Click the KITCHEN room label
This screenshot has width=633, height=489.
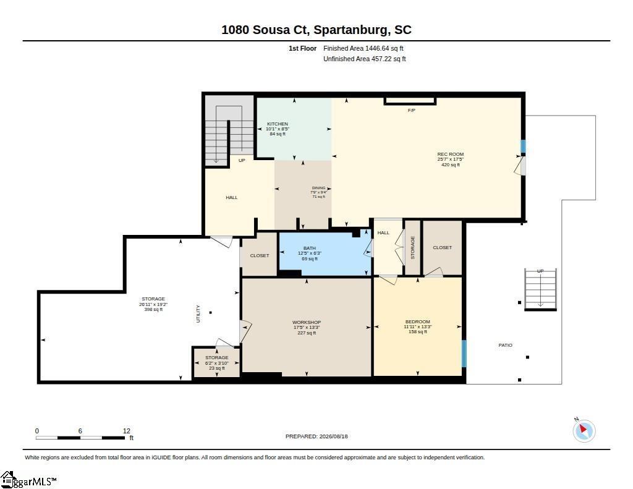point(278,124)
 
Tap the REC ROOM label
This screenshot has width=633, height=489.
point(451,154)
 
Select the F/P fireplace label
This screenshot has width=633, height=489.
point(411,110)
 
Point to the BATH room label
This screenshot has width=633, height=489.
point(310,248)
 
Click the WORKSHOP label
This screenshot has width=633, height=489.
point(307,322)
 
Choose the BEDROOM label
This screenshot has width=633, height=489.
point(418,322)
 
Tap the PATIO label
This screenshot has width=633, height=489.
point(506,345)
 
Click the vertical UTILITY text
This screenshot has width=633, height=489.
point(198,314)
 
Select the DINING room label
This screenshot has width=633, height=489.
point(318,188)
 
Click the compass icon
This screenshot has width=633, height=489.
point(584,431)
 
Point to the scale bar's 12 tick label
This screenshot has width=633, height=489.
point(127,431)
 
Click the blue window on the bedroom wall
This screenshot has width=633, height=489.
point(464,354)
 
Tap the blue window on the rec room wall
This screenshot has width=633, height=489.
point(523,146)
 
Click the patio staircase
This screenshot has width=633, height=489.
point(540,289)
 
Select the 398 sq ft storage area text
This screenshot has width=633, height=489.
point(153,309)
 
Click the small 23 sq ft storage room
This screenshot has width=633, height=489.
point(217,363)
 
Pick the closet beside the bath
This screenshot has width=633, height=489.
point(259,255)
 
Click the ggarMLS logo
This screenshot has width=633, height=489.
point(28,480)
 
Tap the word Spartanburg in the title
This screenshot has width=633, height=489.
point(351,30)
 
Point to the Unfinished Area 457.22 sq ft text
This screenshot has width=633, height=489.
point(365,59)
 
